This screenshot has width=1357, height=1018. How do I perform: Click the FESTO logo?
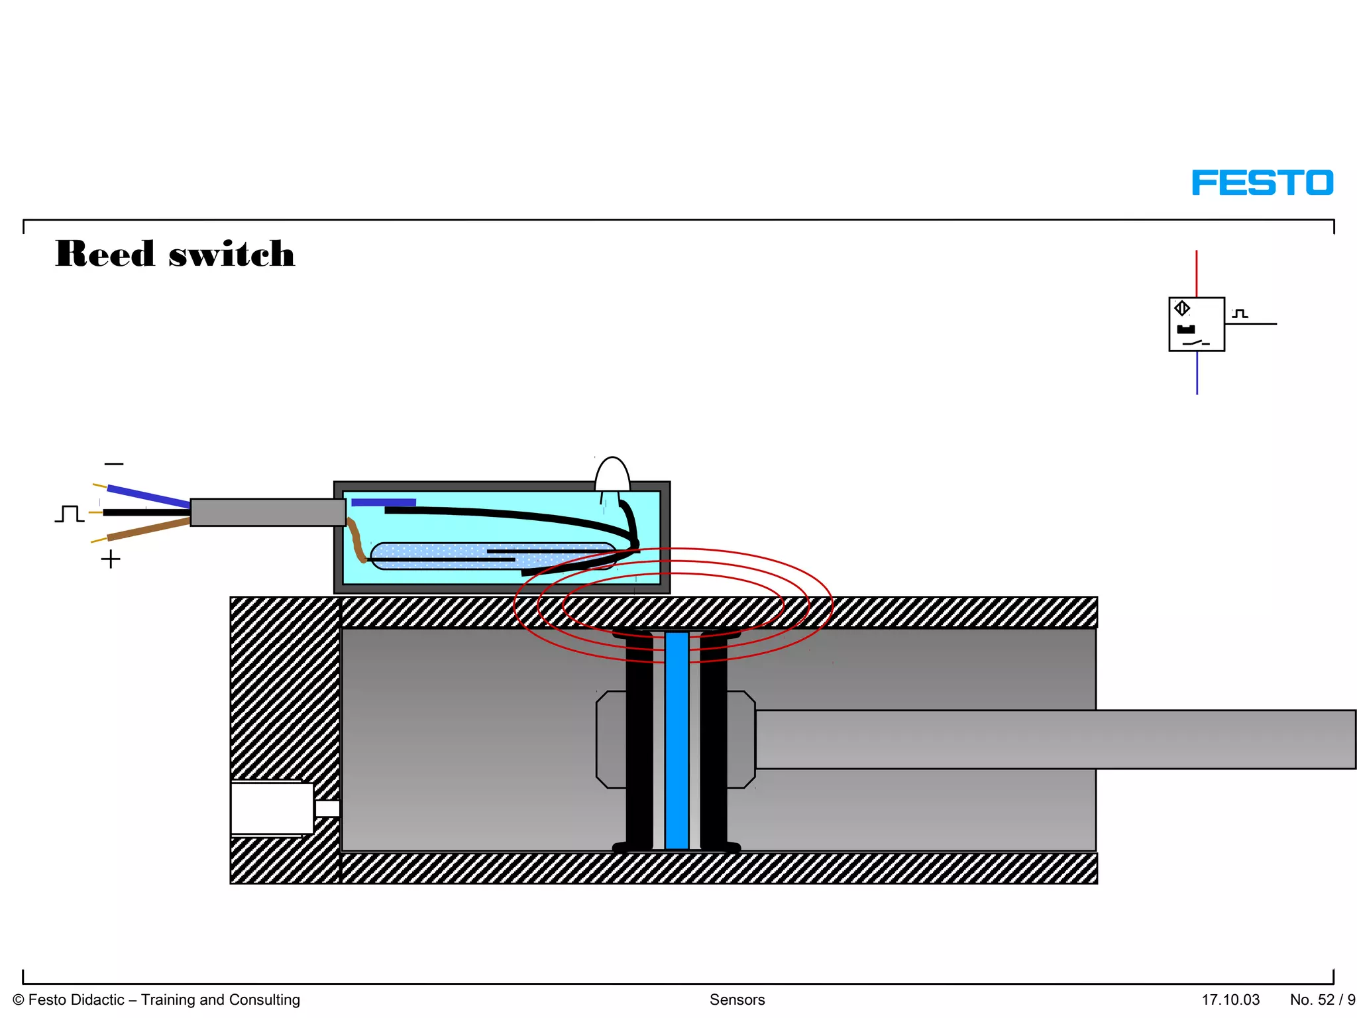(1262, 183)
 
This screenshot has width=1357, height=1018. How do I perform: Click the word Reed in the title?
(105, 254)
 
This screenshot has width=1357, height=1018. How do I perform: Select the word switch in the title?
(231, 254)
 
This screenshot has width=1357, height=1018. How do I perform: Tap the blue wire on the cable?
(148, 496)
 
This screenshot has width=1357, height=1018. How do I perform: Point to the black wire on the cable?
(146, 512)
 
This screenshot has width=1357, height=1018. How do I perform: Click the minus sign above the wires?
(114, 464)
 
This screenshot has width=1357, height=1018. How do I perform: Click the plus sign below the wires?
(111, 559)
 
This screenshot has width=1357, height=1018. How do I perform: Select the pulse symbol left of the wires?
(69, 514)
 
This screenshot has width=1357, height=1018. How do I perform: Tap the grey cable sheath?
(268, 512)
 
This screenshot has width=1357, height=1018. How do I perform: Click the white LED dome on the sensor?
(612, 474)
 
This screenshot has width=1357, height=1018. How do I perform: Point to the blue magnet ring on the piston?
(677, 740)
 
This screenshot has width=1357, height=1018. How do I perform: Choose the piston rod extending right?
(1054, 740)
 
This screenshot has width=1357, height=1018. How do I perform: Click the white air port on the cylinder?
(272, 809)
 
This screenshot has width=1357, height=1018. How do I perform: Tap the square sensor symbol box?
(1196, 324)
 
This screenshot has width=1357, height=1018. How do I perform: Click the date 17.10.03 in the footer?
(1230, 999)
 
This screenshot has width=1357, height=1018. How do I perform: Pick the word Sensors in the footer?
(737, 999)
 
